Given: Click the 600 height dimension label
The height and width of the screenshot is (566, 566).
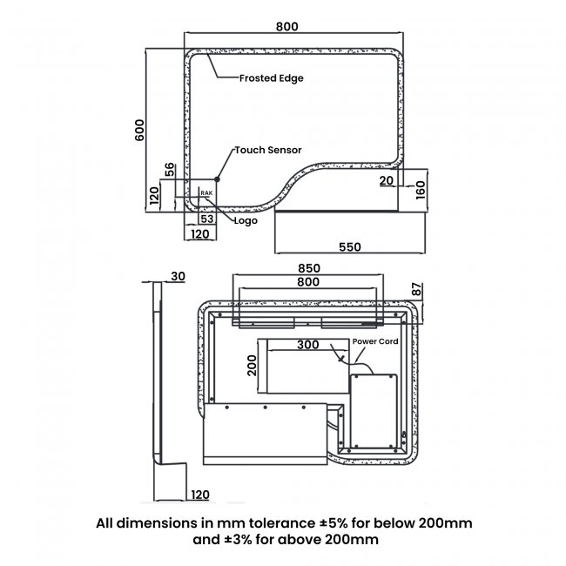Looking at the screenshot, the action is click(139, 130).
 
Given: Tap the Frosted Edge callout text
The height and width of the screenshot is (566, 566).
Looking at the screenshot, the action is click(272, 78).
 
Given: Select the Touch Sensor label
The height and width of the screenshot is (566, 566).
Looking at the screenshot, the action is click(268, 150).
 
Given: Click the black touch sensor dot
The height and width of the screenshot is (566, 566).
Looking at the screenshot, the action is click(217, 179).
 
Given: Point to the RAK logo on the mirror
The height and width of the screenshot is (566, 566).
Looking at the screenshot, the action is click(206, 193).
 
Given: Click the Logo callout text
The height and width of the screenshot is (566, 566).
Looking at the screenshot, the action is click(246, 220).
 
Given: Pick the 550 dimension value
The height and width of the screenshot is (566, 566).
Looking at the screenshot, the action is click(350, 247).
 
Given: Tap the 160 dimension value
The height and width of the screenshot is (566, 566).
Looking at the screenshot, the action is click(421, 190).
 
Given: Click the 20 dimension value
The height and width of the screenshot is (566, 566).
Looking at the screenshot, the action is click(387, 180).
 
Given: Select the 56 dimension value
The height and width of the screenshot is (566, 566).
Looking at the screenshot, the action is click(169, 170).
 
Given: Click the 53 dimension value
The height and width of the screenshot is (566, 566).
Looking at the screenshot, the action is click(207, 219).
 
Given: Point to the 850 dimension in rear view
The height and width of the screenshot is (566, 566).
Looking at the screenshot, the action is click(309, 268).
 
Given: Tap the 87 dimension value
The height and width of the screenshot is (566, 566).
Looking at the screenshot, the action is click(416, 289).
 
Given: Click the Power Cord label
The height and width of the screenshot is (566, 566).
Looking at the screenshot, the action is click(375, 341).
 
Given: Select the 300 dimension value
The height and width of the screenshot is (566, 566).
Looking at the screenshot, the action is click(308, 344).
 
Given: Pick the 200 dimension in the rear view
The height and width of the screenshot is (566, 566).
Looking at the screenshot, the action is click(252, 366).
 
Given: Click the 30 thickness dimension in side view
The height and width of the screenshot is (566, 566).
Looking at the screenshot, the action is click(178, 276).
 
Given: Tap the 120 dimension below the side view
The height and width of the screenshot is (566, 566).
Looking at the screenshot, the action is click(200, 495).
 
